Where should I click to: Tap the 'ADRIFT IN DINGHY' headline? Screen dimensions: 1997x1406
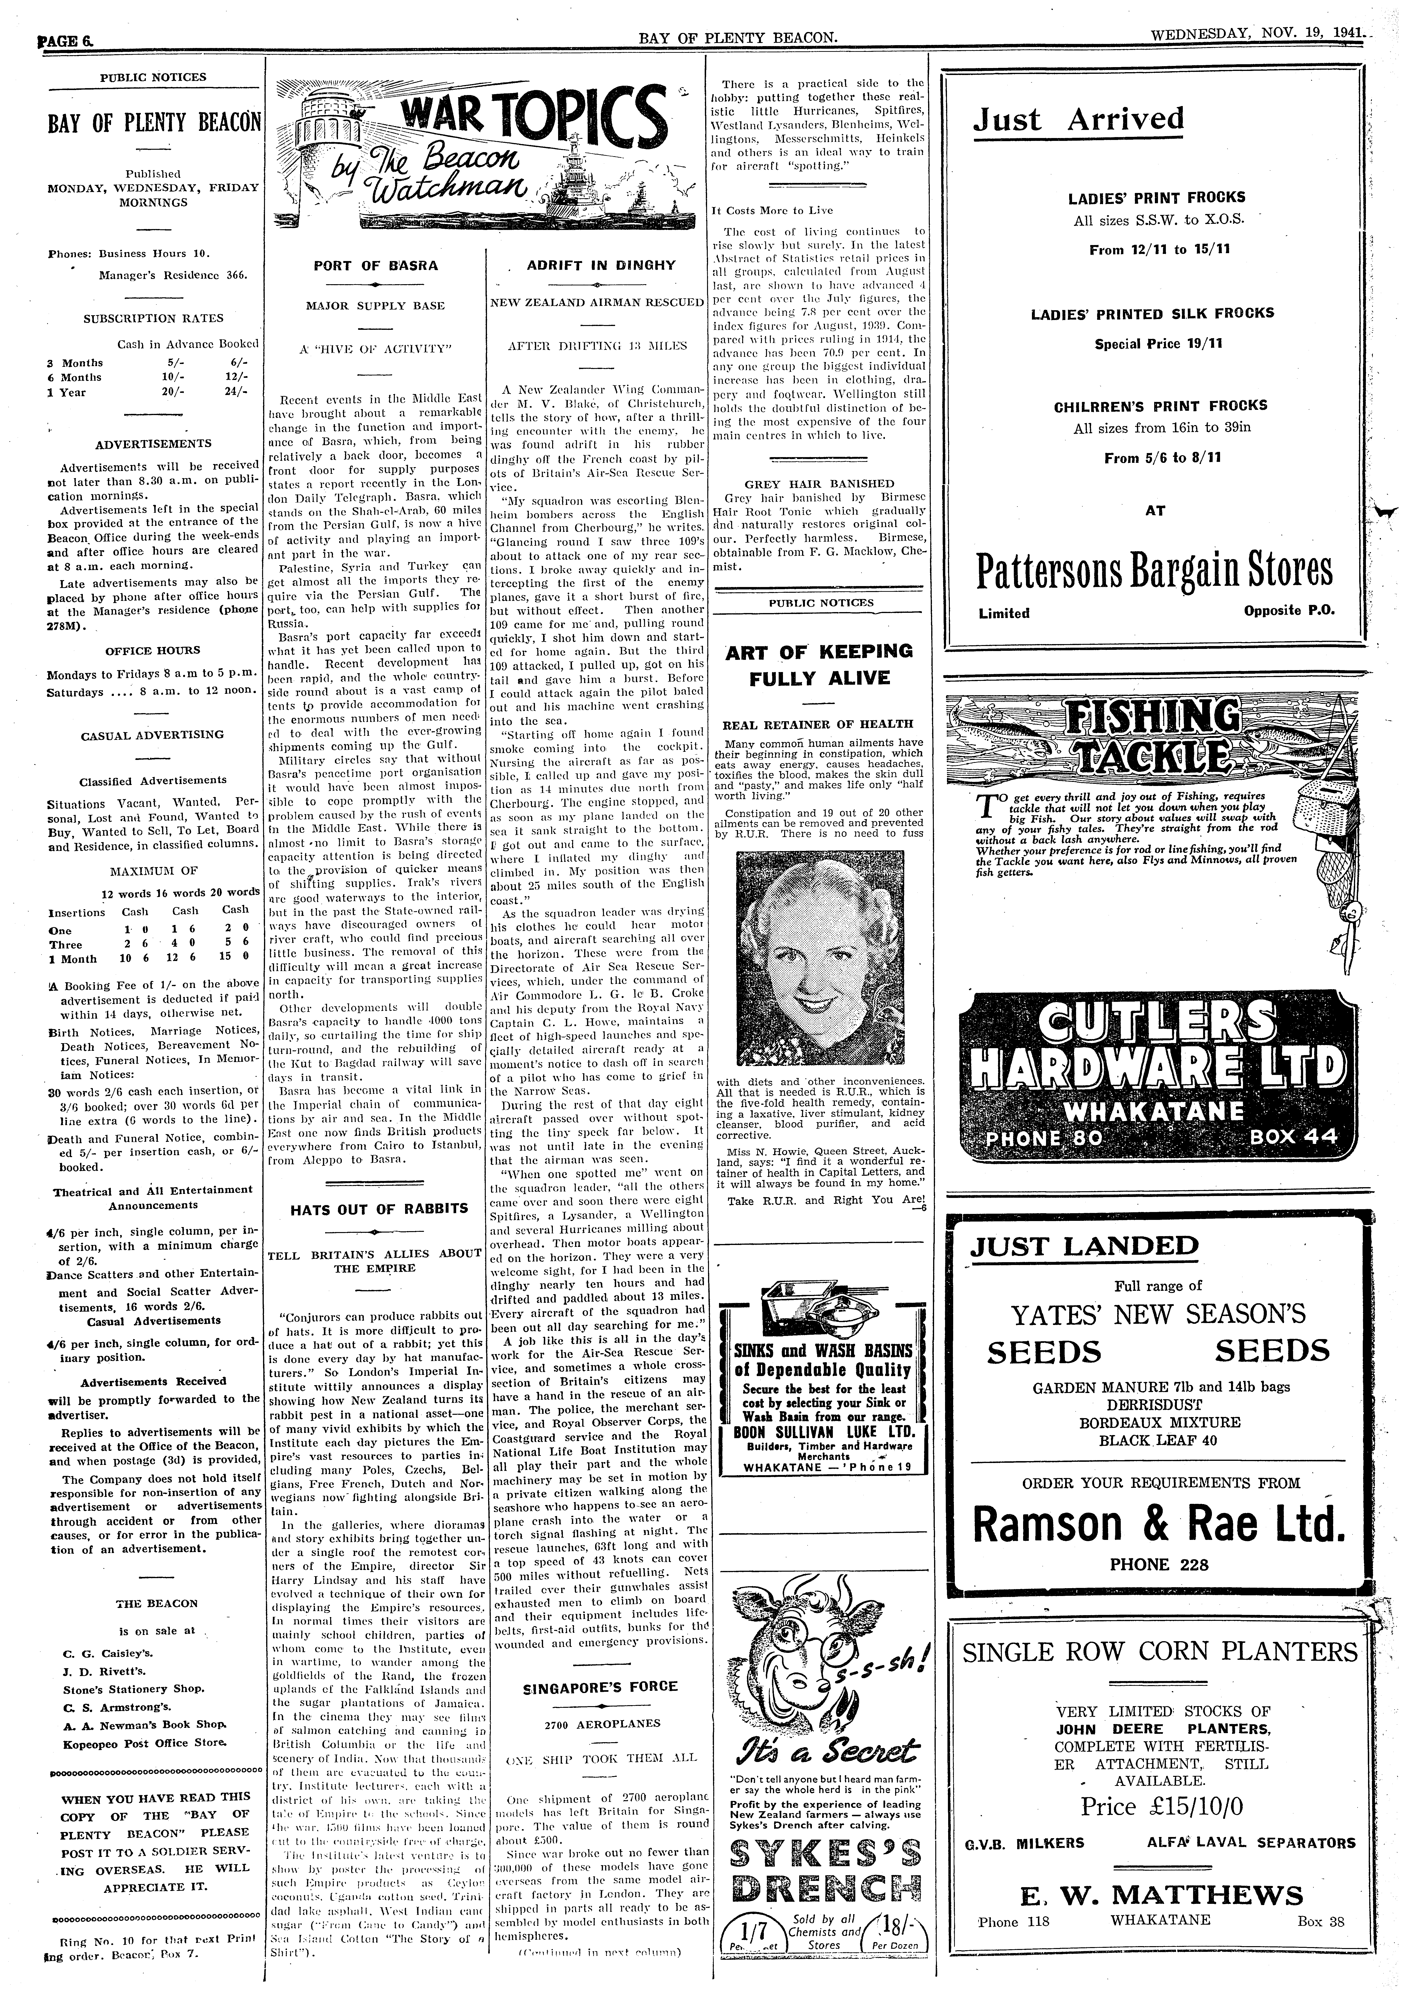[x=601, y=265]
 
